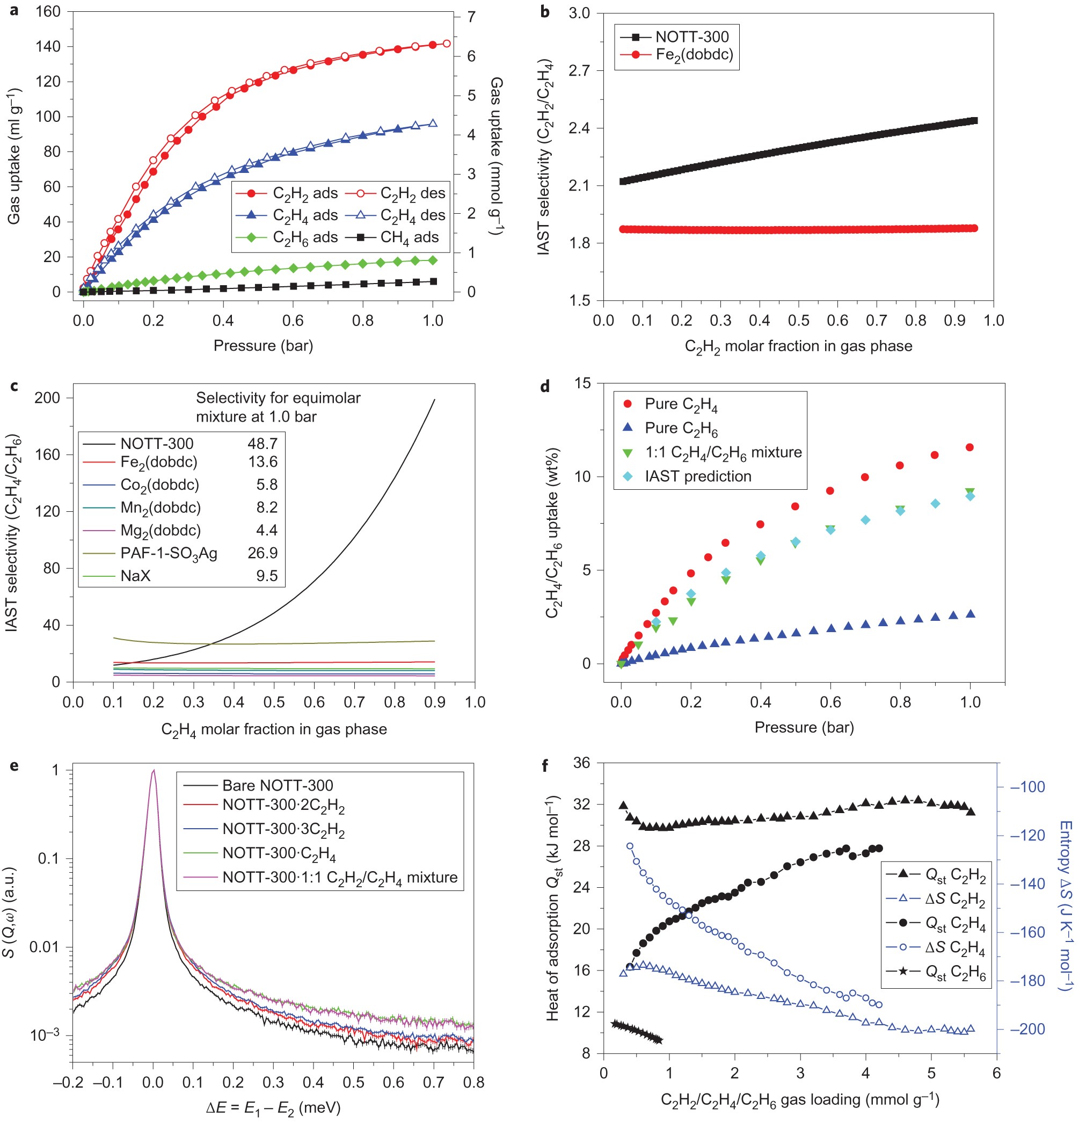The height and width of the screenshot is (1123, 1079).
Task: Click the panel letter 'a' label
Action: [x=14, y=10]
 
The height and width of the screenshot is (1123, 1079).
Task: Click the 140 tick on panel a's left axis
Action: [x=48, y=46]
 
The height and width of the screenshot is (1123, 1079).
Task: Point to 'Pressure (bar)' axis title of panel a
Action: [x=263, y=345]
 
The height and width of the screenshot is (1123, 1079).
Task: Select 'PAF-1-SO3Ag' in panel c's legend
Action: [x=169, y=554]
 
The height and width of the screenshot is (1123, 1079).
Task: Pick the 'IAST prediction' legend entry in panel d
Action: [x=697, y=477]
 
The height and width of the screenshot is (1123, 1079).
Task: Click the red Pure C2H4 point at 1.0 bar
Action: [x=969, y=447]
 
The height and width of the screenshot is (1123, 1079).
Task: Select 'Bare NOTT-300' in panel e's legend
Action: [x=277, y=786]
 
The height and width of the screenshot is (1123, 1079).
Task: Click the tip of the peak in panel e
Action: [x=153, y=771]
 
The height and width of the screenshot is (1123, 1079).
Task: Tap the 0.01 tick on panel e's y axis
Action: [x=44, y=946]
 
